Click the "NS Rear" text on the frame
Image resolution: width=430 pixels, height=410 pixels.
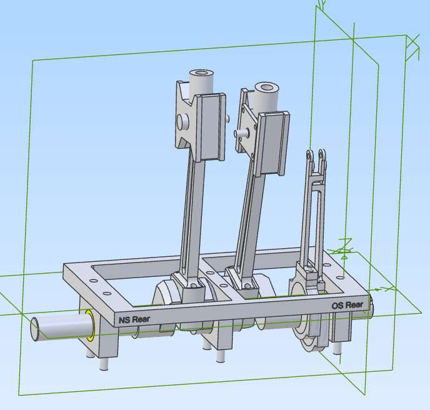click(134, 319)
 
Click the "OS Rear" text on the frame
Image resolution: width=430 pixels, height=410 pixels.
click(347, 305)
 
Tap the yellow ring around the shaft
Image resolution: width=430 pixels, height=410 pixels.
click(89, 326)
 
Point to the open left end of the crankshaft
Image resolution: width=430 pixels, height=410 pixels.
click(35, 329)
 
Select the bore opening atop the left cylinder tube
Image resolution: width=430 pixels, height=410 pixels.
click(202, 73)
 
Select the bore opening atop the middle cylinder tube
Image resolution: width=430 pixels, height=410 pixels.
click(266, 87)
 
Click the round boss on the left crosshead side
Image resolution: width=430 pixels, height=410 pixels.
click(182, 122)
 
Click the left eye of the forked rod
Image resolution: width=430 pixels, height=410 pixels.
click(309, 155)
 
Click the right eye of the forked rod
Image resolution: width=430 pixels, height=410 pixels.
click(322, 154)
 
